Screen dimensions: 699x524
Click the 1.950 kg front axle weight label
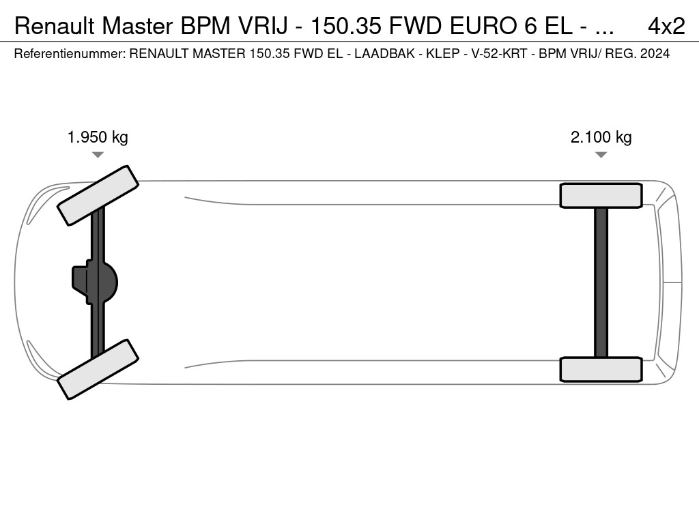point(98,137)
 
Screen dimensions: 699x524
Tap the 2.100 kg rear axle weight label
point(601,137)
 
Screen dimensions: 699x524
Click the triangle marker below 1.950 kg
point(98,155)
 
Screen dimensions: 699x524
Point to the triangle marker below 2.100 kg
point(601,155)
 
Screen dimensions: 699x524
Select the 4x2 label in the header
point(666,27)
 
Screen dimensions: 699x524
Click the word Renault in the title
point(55,27)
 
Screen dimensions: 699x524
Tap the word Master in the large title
point(137,27)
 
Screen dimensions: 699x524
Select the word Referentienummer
point(70,53)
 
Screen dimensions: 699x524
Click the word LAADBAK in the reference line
point(384,53)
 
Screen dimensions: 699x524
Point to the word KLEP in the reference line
point(442,53)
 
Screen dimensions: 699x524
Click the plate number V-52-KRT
point(499,53)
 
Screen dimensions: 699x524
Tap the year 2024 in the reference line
point(655,53)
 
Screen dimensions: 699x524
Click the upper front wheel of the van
point(98,196)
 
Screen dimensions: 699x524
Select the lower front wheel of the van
point(98,369)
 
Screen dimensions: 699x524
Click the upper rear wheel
point(601,196)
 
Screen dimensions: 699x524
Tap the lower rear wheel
point(601,369)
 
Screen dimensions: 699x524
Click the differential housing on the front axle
point(95,282)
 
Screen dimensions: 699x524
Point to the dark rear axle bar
point(601,282)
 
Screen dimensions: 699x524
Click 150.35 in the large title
point(346,27)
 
